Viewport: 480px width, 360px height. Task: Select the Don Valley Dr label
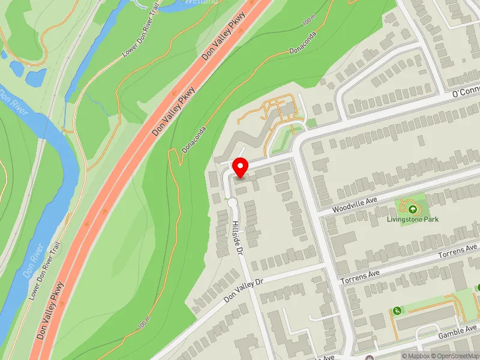[x=244, y=290]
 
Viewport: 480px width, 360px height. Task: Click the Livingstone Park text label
[x=413, y=220]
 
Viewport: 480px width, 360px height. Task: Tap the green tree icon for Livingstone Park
[x=413, y=209]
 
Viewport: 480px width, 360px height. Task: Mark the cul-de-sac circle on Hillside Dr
[x=233, y=203]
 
